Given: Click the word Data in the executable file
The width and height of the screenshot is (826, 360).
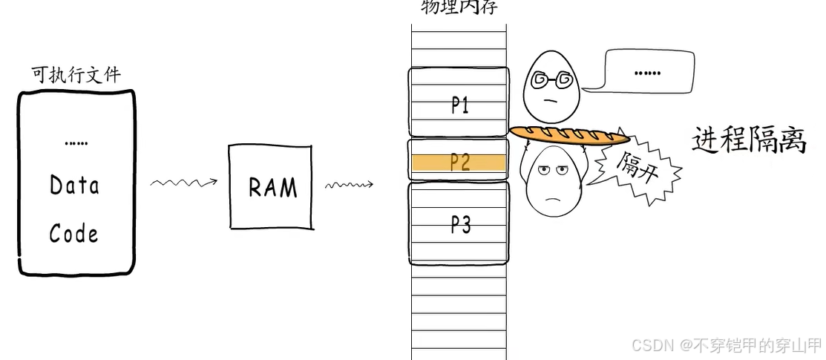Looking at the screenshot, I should [74, 184].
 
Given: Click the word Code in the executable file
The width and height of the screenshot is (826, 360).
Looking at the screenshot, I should [73, 234].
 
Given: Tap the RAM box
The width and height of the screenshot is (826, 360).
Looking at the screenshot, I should [272, 186].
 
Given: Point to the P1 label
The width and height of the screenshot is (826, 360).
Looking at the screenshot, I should [460, 106].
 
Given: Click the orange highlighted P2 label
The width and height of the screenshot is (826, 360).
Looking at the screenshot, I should [460, 162].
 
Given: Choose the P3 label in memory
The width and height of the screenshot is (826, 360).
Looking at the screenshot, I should [460, 224].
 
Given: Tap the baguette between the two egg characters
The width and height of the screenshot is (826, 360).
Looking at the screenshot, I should [568, 135].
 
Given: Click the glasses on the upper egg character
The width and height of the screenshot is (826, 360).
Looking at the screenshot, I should [553, 78].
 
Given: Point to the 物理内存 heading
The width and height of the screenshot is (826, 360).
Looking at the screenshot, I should [459, 7].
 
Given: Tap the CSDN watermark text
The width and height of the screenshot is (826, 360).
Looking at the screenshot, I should [726, 344].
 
